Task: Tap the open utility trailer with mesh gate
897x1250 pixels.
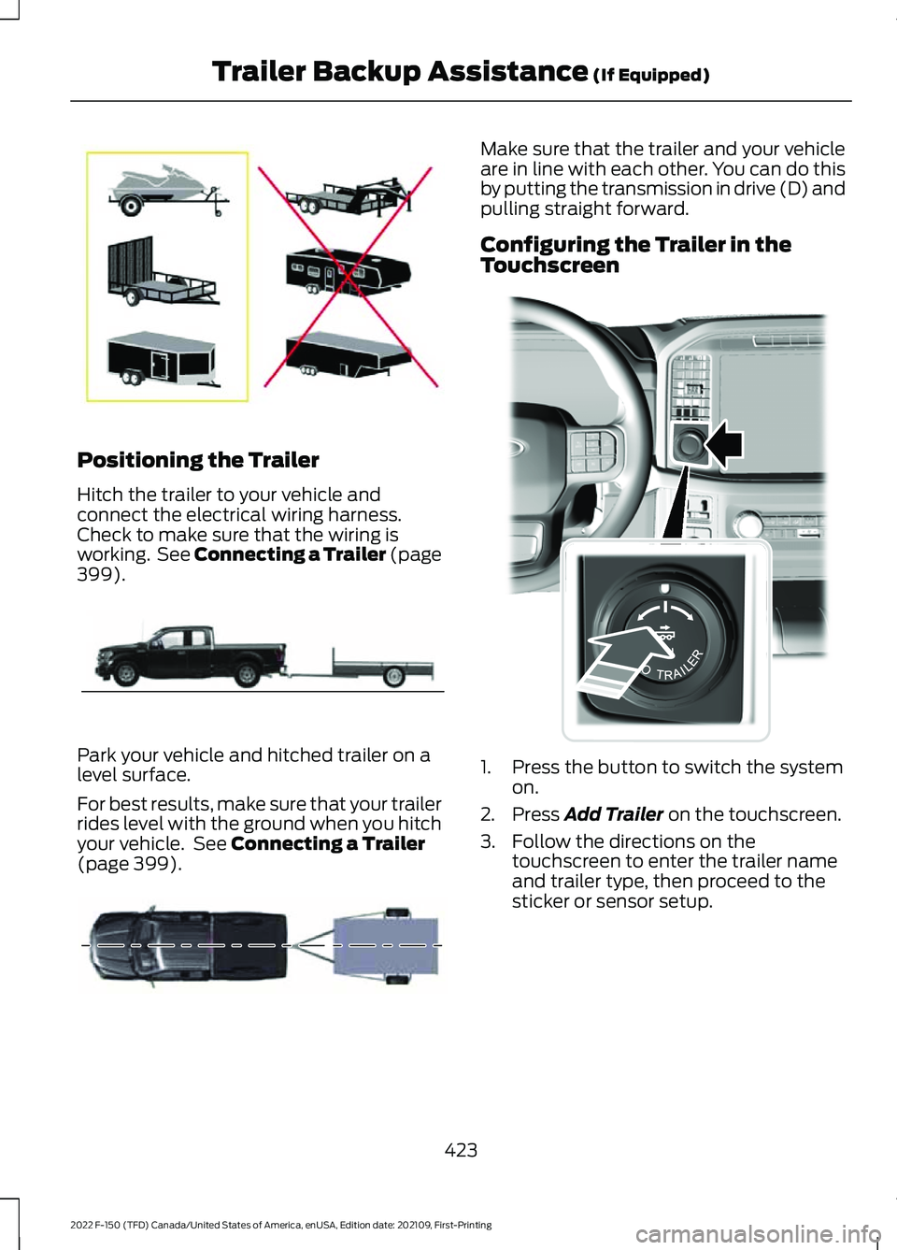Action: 161,275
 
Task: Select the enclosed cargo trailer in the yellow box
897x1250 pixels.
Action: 162,357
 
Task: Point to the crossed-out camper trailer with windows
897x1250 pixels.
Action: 347,270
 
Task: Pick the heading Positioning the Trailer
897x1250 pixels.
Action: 198,460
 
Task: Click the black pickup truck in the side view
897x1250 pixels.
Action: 192,654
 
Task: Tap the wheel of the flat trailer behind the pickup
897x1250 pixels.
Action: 394,675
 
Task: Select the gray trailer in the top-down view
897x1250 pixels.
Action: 384,944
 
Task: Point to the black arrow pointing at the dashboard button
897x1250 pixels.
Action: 724,443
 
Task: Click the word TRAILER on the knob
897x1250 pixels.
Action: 679,666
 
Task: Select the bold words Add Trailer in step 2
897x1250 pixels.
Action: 614,814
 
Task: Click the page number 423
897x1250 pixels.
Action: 461,1150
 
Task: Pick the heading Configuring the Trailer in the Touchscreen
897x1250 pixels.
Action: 635,254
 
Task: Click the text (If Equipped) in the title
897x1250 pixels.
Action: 651,75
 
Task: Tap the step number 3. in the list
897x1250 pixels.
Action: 488,841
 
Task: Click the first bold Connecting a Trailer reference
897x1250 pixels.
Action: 290,554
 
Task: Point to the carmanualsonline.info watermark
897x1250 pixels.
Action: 757,1234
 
